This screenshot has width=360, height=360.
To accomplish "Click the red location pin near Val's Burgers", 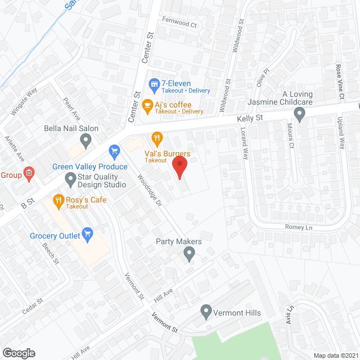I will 179,167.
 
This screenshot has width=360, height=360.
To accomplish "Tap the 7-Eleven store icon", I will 152,84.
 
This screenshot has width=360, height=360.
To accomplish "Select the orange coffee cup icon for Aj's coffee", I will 147,105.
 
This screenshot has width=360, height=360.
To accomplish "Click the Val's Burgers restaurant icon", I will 157,137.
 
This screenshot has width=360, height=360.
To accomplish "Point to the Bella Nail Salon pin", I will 85,141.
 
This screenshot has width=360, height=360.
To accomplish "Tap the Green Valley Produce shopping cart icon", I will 115,151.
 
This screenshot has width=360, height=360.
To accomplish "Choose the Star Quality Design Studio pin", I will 70,179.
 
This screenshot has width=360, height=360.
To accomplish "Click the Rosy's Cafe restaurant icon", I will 58,200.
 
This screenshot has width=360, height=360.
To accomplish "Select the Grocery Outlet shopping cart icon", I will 87,232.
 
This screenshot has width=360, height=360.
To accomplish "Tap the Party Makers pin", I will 190,255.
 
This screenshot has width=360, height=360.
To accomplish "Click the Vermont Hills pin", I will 206,310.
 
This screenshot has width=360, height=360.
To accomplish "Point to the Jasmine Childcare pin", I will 300,115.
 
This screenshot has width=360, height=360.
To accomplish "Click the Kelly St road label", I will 250,118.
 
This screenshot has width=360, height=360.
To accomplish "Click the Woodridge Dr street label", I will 149,190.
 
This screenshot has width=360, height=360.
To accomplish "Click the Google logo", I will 18,353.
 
